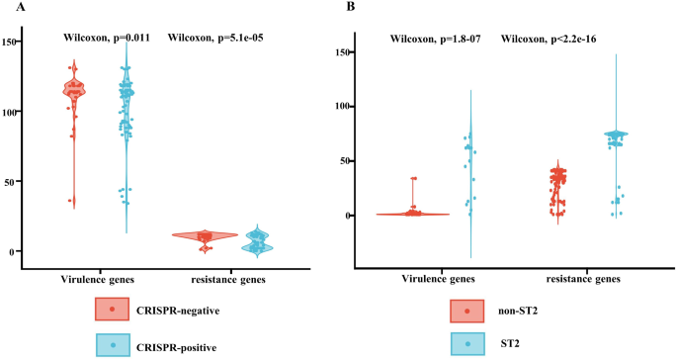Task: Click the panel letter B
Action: click(349, 8)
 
